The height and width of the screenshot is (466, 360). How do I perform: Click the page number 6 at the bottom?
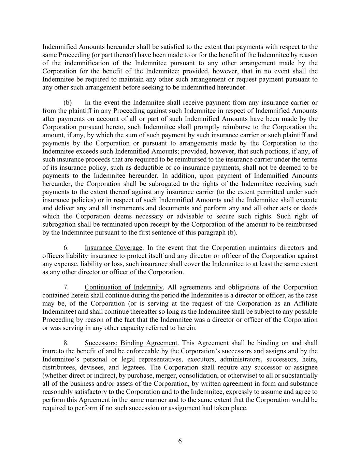[180, 441]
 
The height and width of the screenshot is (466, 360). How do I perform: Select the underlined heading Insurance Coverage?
[113, 248]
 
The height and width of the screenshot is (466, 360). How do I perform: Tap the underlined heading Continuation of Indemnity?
[124, 287]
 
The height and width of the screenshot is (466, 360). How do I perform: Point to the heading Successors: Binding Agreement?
[131, 343]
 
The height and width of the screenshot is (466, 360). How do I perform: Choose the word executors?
[200, 359]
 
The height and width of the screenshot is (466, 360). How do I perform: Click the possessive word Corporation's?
[201, 351]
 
